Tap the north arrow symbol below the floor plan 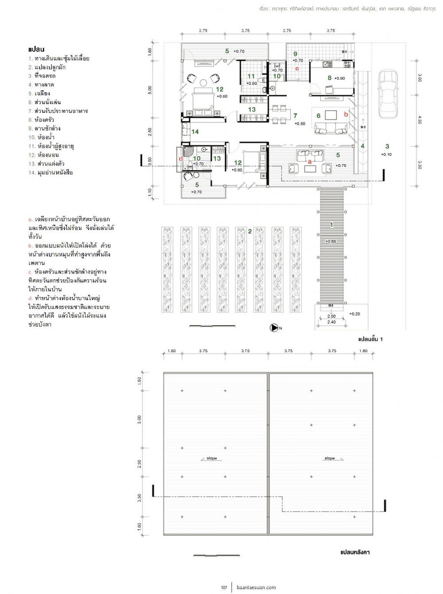274,328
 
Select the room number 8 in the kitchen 329,77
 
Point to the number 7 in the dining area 295,116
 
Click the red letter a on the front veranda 310,162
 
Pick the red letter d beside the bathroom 180,158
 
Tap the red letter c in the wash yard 297,68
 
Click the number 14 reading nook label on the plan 195,131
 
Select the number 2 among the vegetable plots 250,231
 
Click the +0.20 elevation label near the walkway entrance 354,314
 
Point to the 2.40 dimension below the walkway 331,322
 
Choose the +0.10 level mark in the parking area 387,154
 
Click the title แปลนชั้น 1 370,339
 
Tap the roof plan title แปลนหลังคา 355,553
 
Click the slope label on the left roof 212,458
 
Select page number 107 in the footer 224,587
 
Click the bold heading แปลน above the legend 37,49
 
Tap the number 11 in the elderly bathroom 251,76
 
